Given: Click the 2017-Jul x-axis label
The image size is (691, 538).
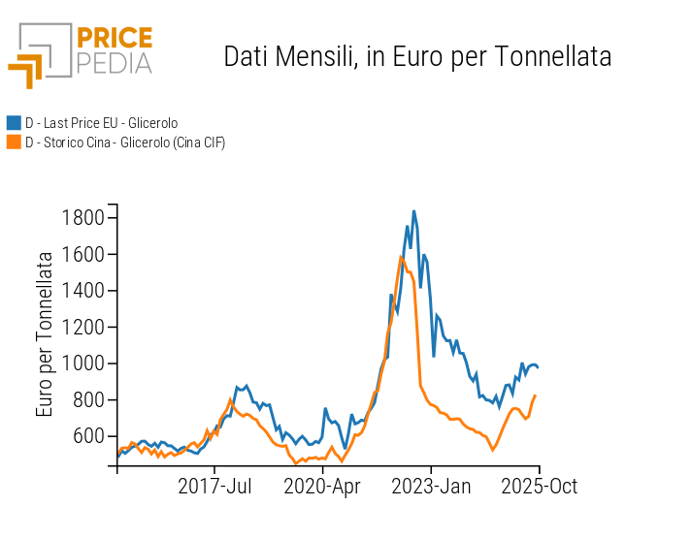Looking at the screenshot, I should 214,486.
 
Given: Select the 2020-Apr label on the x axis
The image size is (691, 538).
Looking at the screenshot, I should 322,486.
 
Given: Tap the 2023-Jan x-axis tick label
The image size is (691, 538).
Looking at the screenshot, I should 432,486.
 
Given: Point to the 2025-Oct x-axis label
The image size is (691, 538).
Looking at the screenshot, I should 540,486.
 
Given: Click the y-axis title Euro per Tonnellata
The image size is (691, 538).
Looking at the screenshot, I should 46,333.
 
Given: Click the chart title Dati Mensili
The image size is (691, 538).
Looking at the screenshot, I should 417,56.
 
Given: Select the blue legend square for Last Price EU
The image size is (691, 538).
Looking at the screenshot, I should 14,123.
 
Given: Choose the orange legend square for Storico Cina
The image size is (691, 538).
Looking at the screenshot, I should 14,142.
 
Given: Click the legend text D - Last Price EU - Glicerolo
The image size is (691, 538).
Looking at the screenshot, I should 101,123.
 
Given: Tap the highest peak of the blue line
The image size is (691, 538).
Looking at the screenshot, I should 413,210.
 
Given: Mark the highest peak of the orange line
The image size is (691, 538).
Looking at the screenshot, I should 401,257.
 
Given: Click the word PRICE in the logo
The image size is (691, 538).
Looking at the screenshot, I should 114,39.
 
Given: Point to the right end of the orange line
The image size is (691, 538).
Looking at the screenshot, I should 536,395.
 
